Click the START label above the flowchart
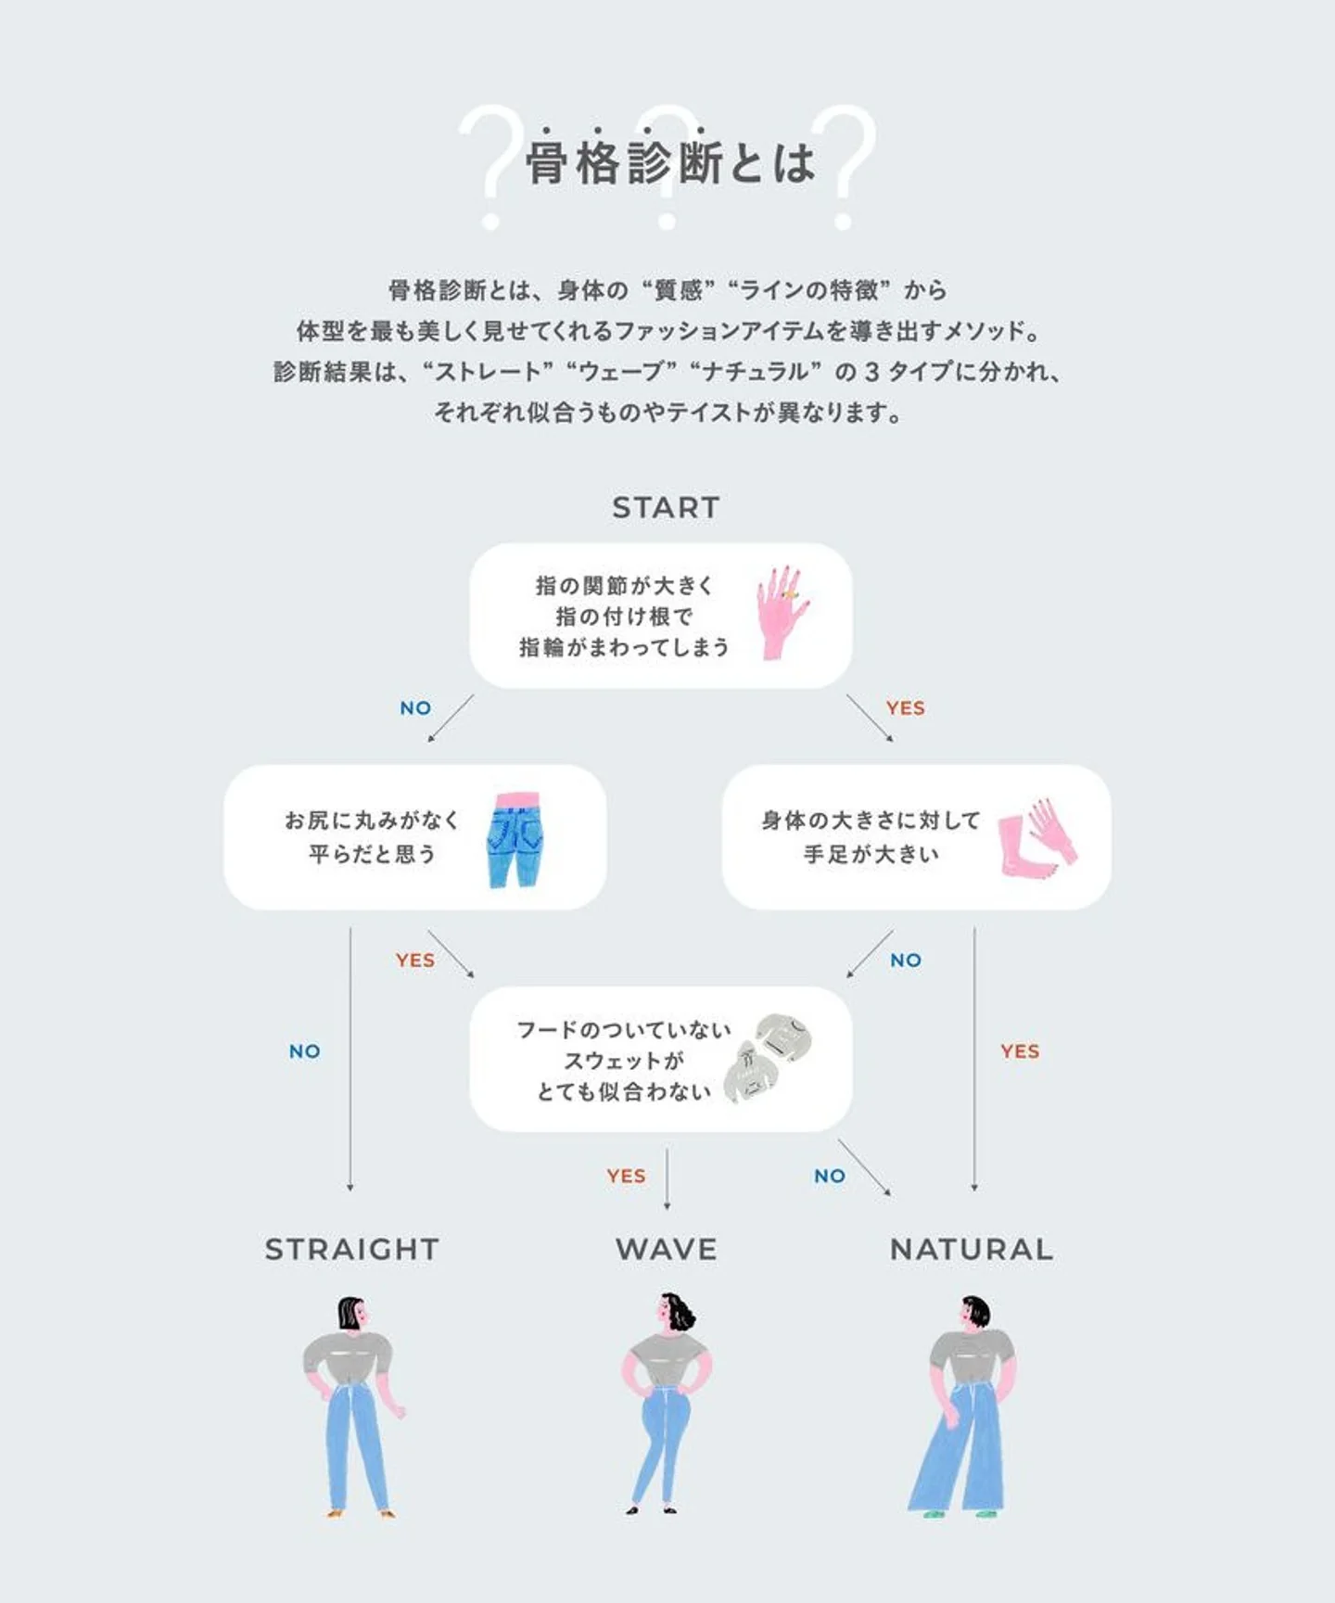[x=666, y=507]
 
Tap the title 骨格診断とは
[x=670, y=163]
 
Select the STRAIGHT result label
[x=352, y=1249]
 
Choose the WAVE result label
[x=667, y=1249]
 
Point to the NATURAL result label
[x=972, y=1249]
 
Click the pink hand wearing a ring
[x=782, y=612]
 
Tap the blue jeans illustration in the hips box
[x=515, y=840]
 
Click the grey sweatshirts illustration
[x=769, y=1059]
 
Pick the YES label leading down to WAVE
[x=627, y=1176]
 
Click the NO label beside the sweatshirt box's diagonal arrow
[x=830, y=1176]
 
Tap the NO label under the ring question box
[x=415, y=707]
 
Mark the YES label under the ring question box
[x=906, y=707]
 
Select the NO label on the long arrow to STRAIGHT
[x=305, y=1050]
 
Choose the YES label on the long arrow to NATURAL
[x=1020, y=1050]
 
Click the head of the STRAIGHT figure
[x=351, y=1314]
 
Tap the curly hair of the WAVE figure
[x=681, y=1311]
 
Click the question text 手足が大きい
[x=871, y=854]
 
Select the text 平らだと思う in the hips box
[x=372, y=854]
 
